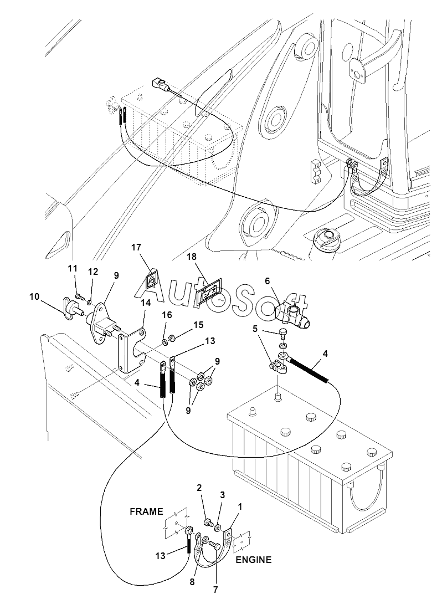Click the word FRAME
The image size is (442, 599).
146,511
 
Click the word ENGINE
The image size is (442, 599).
254,560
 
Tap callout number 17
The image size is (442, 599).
136,247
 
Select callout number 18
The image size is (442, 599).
192,257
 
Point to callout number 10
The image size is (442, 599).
34,296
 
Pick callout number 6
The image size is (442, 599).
267,281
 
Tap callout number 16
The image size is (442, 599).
167,315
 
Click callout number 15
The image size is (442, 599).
198,325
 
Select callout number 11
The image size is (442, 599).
73,269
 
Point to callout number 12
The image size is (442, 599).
93,272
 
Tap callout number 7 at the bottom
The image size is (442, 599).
215,590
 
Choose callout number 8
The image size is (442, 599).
192,582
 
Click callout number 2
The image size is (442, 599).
199,488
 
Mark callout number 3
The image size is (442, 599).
223,495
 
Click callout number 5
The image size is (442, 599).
255,329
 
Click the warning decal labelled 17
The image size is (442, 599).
152,281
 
